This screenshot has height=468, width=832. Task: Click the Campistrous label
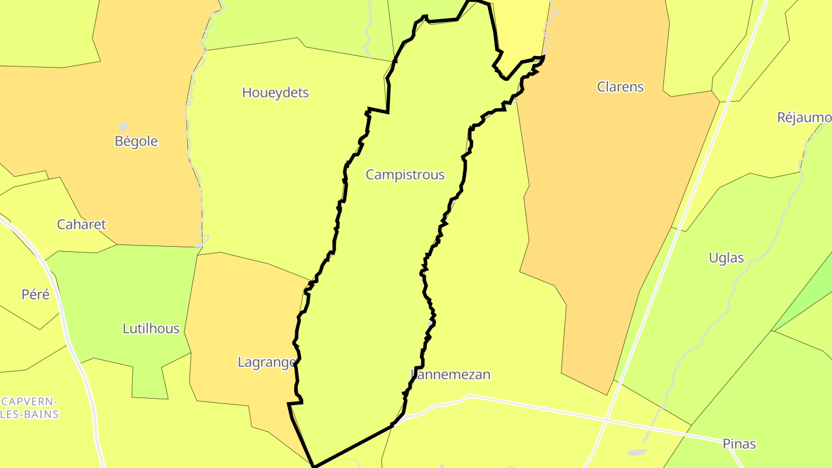click(x=405, y=174)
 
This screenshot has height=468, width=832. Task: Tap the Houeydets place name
click(x=276, y=92)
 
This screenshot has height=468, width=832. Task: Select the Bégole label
click(x=136, y=141)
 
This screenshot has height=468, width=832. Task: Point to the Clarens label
click(x=620, y=87)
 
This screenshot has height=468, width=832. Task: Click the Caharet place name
click(x=81, y=224)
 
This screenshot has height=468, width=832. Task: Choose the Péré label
click(x=36, y=294)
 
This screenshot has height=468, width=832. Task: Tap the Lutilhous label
click(x=151, y=329)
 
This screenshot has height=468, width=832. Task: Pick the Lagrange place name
click(x=267, y=362)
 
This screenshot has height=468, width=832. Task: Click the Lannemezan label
click(x=451, y=374)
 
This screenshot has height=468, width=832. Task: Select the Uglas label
click(x=726, y=258)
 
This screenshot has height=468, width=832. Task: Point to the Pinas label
click(x=739, y=444)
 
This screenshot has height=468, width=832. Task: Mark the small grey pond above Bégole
click(x=123, y=126)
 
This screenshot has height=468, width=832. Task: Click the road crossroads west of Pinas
click(x=606, y=419)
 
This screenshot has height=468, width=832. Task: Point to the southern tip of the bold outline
click(x=314, y=466)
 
